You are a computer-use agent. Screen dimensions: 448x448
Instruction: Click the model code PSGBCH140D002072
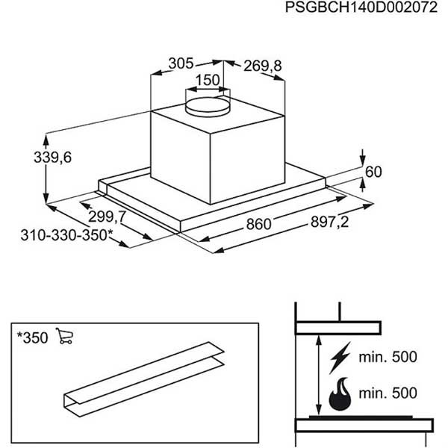point(361,7)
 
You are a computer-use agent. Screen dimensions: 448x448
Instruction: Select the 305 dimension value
point(181,63)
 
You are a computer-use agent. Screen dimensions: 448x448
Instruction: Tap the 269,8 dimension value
point(263,66)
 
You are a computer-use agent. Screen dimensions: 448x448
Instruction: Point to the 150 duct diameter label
point(208,80)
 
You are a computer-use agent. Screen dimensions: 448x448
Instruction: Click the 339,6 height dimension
point(52,158)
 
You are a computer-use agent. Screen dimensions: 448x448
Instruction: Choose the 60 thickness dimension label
point(373,172)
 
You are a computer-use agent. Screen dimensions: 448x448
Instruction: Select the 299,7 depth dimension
point(107,217)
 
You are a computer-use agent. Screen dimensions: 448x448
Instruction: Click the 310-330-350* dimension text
point(67,235)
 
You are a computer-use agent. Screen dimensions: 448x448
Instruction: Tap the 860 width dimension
point(258,224)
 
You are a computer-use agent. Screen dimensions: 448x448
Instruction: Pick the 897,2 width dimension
point(330,222)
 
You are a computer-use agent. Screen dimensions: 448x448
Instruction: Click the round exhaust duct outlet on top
point(208,107)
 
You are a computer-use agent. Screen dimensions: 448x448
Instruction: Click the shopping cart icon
point(64,336)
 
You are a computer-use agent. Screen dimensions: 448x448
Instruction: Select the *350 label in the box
point(32,338)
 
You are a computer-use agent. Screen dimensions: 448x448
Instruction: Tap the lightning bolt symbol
point(340,358)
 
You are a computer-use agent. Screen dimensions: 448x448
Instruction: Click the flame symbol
point(340,394)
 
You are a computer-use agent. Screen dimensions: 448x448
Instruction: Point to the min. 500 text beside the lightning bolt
point(388,357)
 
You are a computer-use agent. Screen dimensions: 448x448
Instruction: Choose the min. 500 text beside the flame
point(388,393)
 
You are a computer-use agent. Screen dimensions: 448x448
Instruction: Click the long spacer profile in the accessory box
point(144,379)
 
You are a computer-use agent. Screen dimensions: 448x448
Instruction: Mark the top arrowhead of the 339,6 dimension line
point(46,140)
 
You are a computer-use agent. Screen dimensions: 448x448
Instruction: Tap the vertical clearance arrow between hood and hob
point(319,376)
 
